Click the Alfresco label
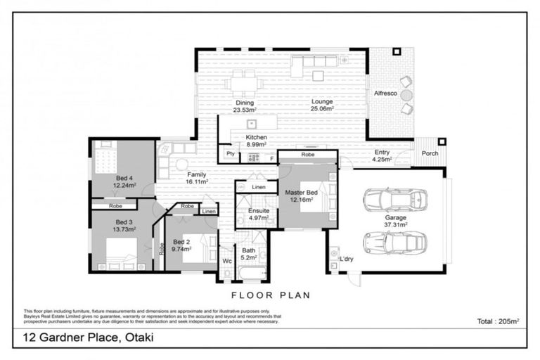[x=385, y=93]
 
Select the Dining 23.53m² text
[x=245, y=106]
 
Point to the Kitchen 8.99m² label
[x=256, y=141]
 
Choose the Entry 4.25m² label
[x=382, y=155]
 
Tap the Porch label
[x=429, y=154]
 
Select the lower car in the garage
[x=394, y=243]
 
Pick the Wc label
[x=226, y=260]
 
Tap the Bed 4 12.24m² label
[x=124, y=182]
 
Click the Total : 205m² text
[x=498, y=321]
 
